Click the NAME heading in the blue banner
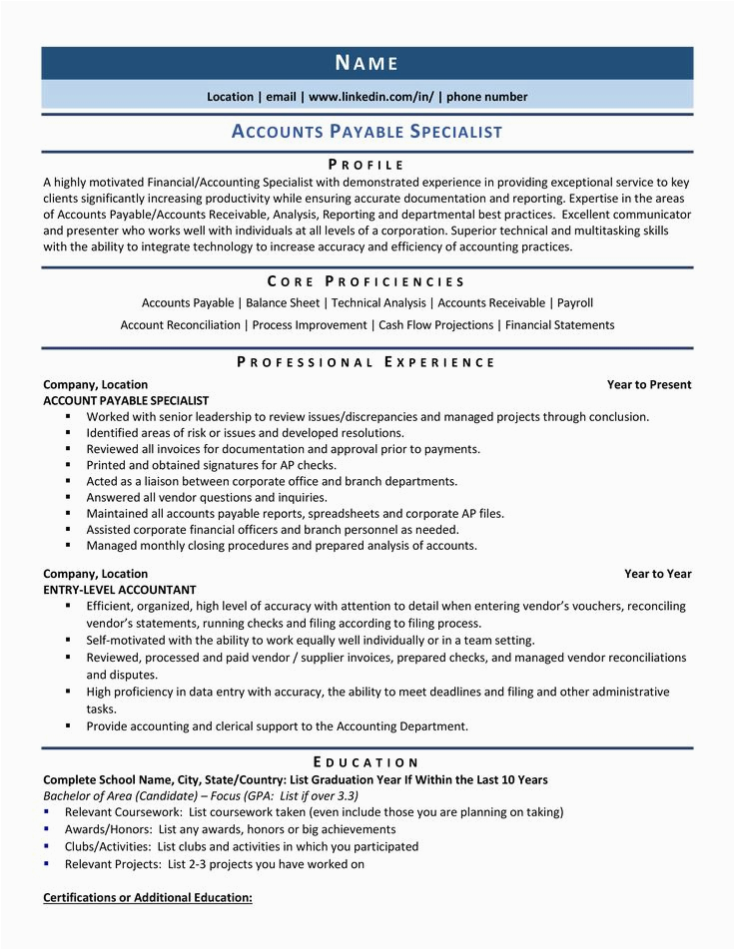point(367,64)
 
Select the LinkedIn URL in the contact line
point(371,97)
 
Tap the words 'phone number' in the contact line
point(487,97)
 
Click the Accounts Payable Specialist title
point(367,132)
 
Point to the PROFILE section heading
point(367,165)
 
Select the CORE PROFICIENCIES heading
point(367,282)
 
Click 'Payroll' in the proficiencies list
point(575,303)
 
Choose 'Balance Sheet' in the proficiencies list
point(284,303)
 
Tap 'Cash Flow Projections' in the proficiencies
point(436,325)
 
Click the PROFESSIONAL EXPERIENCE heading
point(367,362)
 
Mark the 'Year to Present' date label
point(649,385)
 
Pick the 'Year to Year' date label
point(658,574)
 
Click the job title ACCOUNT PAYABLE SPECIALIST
point(126,400)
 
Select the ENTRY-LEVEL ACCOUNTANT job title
point(120,590)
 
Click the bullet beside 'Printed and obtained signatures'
point(68,465)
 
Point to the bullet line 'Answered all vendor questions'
point(206,497)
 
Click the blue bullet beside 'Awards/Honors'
point(47,829)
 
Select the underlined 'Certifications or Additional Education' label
point(148,898)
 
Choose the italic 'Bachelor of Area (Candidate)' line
point(201,796)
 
